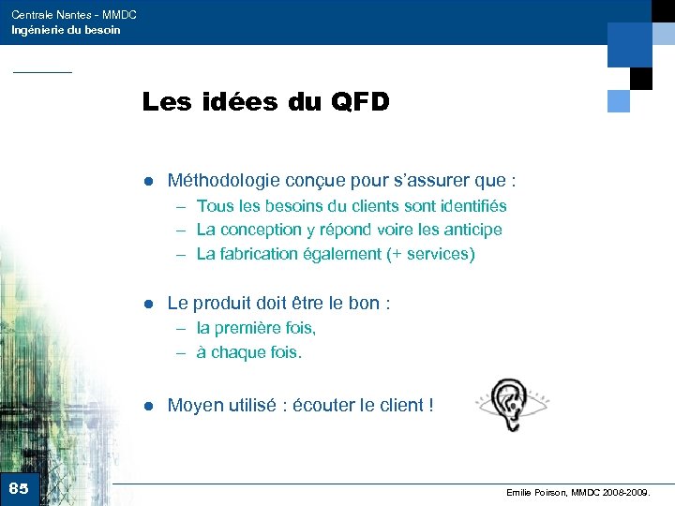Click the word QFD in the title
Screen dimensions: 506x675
360,101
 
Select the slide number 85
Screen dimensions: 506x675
19,488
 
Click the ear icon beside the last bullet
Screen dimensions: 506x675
511,403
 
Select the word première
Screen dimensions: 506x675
248,328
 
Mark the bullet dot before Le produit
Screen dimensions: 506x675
147,304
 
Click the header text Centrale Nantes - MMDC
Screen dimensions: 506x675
74,15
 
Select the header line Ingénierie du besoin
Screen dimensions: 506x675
66,30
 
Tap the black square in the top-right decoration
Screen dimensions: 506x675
641,78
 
